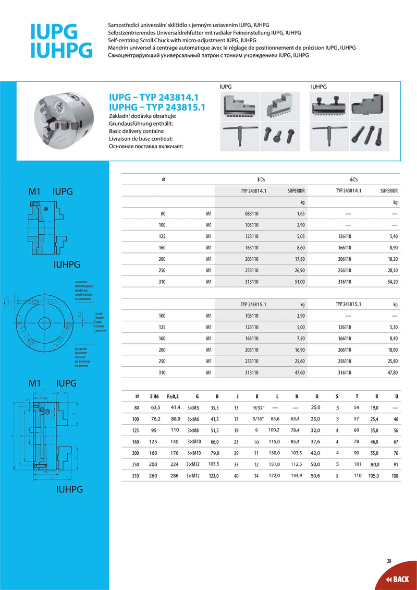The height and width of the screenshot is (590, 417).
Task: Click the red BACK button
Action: point(397,579)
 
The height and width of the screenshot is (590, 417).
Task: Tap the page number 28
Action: point(389,561)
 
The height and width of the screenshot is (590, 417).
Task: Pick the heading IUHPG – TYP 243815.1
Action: point(157,107)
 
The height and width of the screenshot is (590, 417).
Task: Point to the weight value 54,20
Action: point(393,281)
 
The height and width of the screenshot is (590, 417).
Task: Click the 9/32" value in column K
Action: point(257,407)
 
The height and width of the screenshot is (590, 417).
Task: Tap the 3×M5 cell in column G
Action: point(193,407)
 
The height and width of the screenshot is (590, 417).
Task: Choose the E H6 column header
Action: point(155,396)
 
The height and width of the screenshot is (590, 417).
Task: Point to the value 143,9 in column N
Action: point(295,475)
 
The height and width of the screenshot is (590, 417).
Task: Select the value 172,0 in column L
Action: point(274,475)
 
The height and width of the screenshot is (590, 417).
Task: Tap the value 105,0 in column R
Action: point(374,475)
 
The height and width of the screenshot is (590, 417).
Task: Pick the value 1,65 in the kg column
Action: point(300,213)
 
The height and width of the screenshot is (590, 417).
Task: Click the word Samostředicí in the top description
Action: point(124,25)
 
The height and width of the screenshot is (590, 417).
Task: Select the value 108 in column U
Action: point(395,475)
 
